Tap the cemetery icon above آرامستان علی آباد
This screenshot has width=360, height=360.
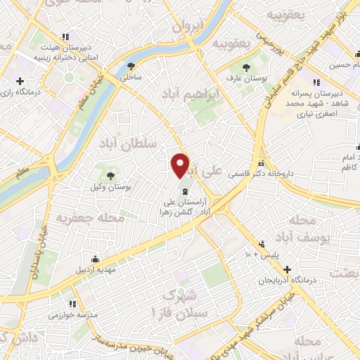click(x=184, y=191)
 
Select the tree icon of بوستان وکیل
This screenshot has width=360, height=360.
click(x=110, y=175)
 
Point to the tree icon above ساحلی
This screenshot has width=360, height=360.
click(x=131, y=67)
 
